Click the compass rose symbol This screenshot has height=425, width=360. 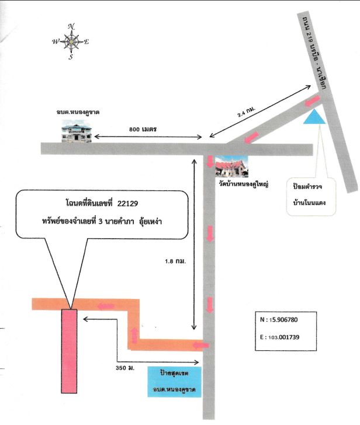click(71, 42)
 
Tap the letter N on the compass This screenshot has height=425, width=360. click(71, 26)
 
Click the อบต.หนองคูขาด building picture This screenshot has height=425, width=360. click(76, 133)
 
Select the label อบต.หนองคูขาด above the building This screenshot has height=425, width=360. click(78, 112)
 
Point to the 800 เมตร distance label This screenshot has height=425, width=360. click(143, 129)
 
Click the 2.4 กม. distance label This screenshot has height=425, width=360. click(246, 112)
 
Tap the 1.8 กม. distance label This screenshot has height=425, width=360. click(175, 262)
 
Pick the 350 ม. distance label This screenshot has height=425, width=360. click(125, 368)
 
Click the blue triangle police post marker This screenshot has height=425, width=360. click(314, 117)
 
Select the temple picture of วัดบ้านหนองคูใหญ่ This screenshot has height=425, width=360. click(231, 166)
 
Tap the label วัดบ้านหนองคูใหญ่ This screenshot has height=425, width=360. click(244, 184)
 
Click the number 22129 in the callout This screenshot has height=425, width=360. click(127, 203)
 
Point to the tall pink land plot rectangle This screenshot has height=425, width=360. click(69, 351)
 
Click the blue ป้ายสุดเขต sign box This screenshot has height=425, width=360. click(174, 382)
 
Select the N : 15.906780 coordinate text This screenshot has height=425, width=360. click(279, 319)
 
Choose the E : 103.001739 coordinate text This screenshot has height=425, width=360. click(280, 337)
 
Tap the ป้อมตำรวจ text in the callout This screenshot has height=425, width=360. click(307, 187)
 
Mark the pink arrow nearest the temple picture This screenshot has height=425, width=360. click(210, 162)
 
